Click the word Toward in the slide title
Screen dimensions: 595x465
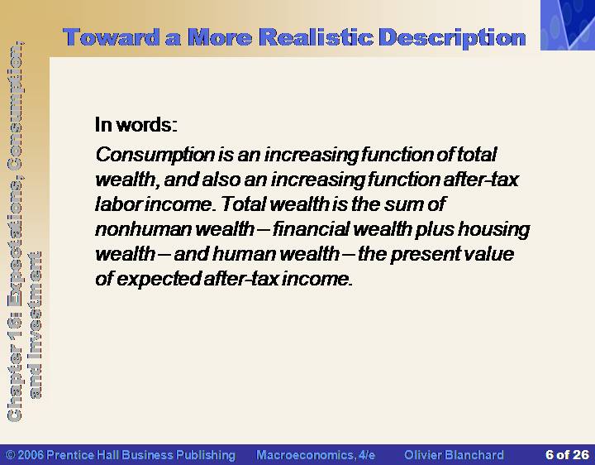112,37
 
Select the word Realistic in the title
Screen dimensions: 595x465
317,37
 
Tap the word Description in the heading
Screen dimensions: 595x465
452,38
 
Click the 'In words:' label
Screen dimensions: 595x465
136,125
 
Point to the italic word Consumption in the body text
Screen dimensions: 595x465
155,155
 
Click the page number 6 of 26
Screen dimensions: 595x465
567,454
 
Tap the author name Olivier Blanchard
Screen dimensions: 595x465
454,455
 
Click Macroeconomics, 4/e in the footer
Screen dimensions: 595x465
316,455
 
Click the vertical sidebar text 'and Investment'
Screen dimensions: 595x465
36,325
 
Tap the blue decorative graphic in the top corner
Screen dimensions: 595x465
568,25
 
